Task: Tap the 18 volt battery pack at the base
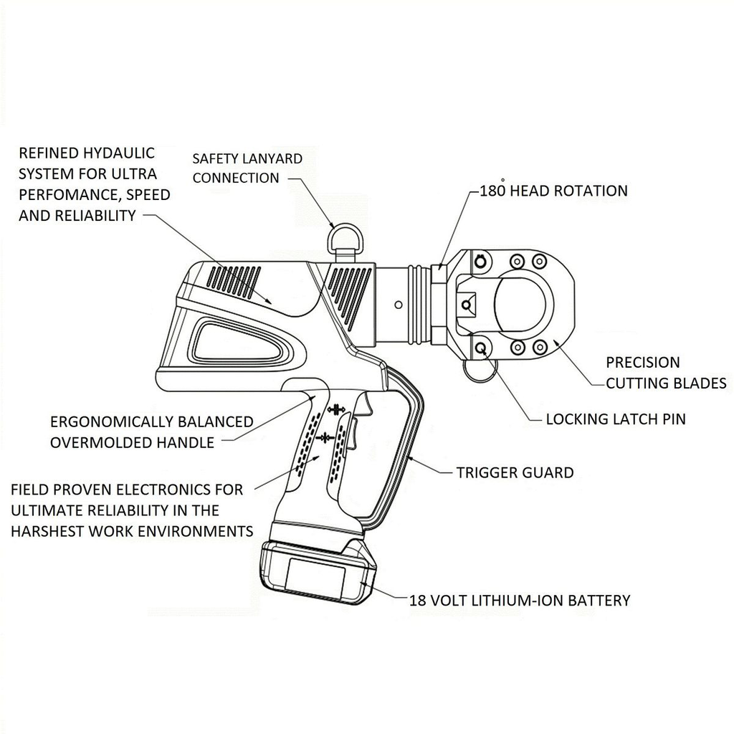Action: pos(320,573)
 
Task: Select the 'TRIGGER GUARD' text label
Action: pos(515,472)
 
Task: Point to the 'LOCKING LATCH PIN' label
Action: pos(615,419)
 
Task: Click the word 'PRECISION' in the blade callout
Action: pos(642,363)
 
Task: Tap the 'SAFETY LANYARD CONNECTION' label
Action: pos(247,168)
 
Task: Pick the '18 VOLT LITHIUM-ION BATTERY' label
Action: pos(520,600)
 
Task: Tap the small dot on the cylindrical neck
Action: pos(394,304)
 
